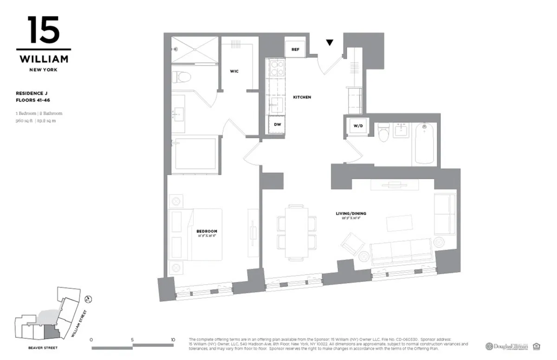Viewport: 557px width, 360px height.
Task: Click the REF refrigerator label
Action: [x=295, y=49]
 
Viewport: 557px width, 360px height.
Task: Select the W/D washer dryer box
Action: [x=358, y=125]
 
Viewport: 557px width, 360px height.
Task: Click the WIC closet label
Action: [x=234, y=71]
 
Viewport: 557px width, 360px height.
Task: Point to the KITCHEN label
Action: [x=302, y=97]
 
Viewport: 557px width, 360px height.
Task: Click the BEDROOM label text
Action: [x=207, y=231]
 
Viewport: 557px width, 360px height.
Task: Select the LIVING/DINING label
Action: [x=351, y=213]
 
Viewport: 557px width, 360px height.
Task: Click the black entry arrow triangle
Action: [x=330, y=43]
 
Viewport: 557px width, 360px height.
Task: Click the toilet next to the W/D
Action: [x=383, y=133]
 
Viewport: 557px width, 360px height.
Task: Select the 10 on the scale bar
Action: [x=173, y=340]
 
